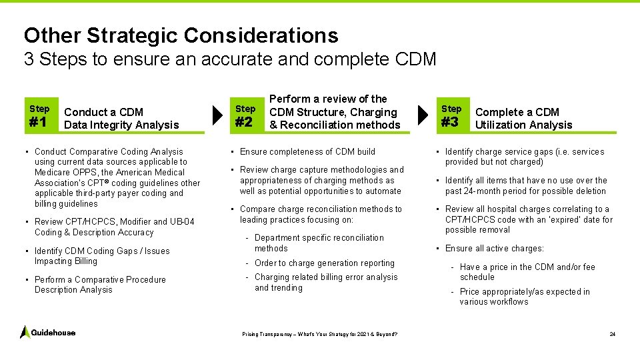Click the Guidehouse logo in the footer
coord(47,332)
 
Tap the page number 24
coord(612,334)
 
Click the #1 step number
coord(38,123)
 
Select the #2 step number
coord(244,123)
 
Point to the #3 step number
coord(450,122)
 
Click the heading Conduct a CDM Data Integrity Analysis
coord(121,119)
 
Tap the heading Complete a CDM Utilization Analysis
coord(523,119)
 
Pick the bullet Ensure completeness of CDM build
coord(307,151)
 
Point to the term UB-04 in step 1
coord(183,221)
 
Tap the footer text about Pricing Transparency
coord(319,334)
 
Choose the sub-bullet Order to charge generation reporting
coord(324,263)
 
